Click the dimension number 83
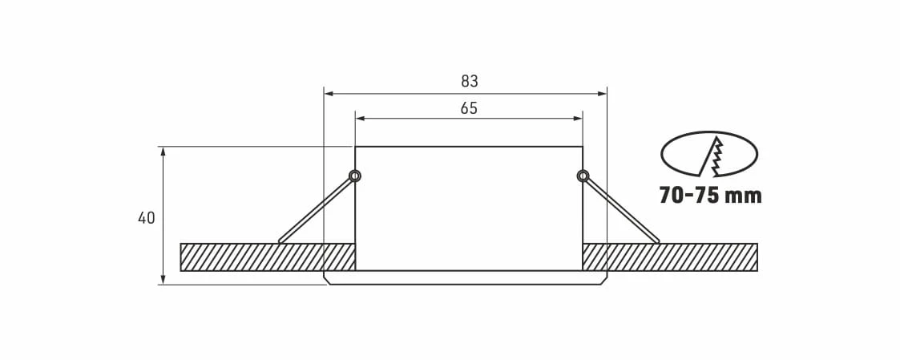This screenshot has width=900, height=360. point(469,82)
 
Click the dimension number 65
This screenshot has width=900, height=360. point(469,108)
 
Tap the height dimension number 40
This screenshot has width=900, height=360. point(147,218)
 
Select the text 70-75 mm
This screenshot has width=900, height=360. point(711,196)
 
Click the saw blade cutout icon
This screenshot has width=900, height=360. point(709,154)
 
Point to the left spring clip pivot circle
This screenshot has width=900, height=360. point(355,176)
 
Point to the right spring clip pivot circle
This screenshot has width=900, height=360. point(583,176)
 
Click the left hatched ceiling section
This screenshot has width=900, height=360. point(268,257)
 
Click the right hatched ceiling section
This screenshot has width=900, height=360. point(670,257)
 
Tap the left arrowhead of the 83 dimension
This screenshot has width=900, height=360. point(329,94)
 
